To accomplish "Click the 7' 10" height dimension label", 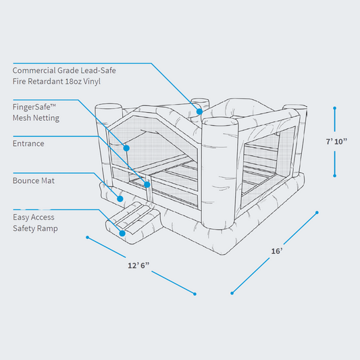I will click(336, 141).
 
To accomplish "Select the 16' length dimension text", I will click(276, 251).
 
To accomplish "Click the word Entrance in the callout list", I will click(28, 143).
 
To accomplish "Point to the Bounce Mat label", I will click(34, 181).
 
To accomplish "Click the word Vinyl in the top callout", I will click(91, 81).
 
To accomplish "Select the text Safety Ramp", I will click(35, 228).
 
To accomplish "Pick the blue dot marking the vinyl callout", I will click(200, 110).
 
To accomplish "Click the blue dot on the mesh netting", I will click(126, 147).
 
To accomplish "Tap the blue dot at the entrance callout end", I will click(147, 183).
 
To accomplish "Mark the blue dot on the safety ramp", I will click(122, 233).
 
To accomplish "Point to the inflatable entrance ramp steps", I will click(135, 222).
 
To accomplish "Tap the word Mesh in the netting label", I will click(24, 118).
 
